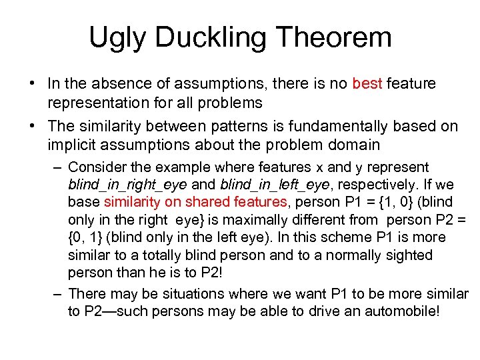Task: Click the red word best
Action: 367,84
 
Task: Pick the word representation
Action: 102,103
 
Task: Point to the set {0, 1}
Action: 84,237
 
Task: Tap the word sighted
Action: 405,255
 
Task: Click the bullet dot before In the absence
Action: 32,85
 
